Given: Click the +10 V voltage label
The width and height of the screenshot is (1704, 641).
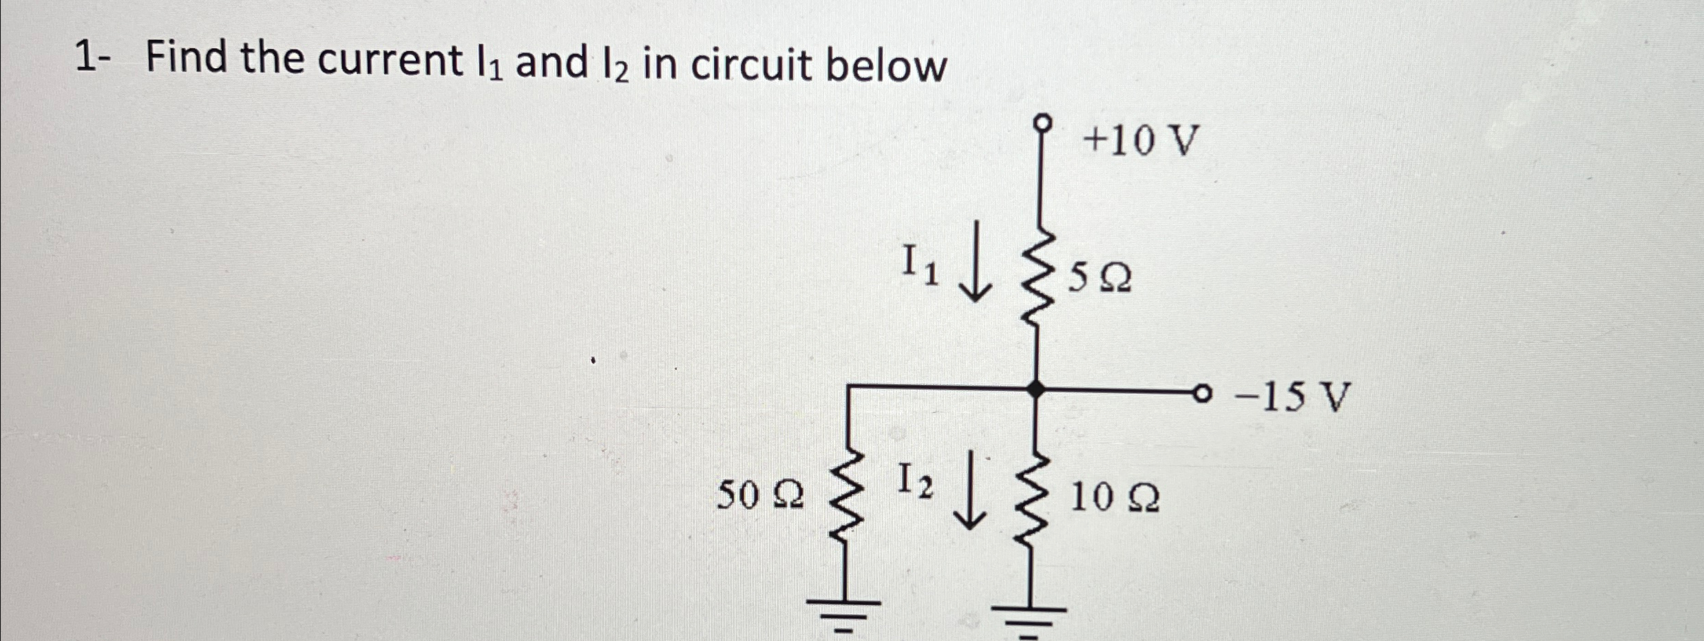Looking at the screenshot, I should click(x=1141, y=142).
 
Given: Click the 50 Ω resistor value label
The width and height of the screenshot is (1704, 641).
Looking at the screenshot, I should click(x=760, y=495).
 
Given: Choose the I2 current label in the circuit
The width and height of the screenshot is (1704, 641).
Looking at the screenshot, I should click(x=916, y=481).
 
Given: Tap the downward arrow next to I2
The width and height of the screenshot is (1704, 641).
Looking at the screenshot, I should click(x=970, y=490).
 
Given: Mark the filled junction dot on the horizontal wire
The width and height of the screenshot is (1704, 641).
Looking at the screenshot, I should click(x=1034, y=390).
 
